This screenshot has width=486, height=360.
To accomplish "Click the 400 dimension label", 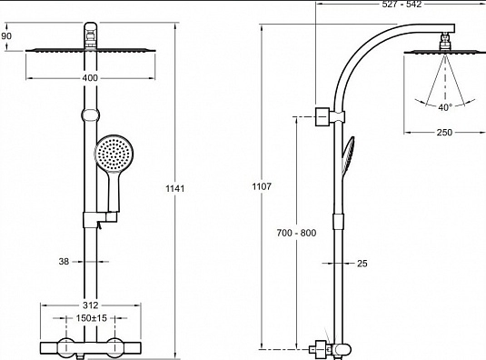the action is click(90, 78).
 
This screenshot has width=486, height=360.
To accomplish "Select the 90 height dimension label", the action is click(6, 36).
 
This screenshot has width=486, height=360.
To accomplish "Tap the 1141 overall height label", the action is click(175, 188).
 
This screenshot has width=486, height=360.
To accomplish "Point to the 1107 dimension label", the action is click(262, 186).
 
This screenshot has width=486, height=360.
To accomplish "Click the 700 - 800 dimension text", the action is click(297, 233).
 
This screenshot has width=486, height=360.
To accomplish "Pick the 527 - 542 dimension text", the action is click(402, 4).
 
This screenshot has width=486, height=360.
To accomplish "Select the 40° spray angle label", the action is click(445, 107).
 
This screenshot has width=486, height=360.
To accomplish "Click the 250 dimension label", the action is click(444, 133).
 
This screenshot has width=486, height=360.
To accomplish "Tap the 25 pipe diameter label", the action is click(362, 264).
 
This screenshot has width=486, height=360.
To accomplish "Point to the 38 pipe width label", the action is click(64, 262).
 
